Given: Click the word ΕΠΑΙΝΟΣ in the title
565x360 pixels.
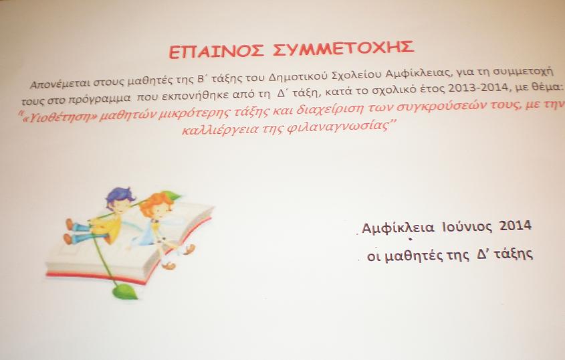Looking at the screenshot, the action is [216, 52].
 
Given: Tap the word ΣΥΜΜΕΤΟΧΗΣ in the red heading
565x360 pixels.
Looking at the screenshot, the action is [343, 48].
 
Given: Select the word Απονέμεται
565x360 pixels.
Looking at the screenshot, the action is [60, 84].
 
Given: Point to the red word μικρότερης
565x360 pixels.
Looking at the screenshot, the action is [193, 113].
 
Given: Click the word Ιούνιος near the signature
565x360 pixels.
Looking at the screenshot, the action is [467, 227].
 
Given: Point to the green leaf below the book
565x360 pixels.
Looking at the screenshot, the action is [125, 292].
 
